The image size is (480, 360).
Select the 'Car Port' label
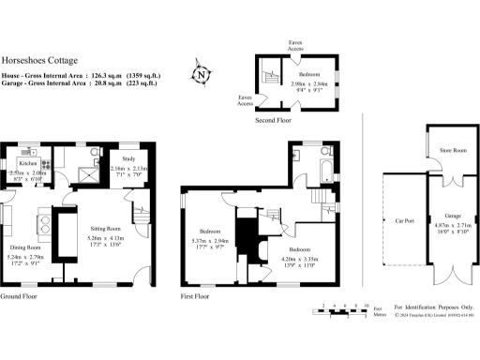coord(405,222)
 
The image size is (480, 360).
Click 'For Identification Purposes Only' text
coord(434,307)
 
